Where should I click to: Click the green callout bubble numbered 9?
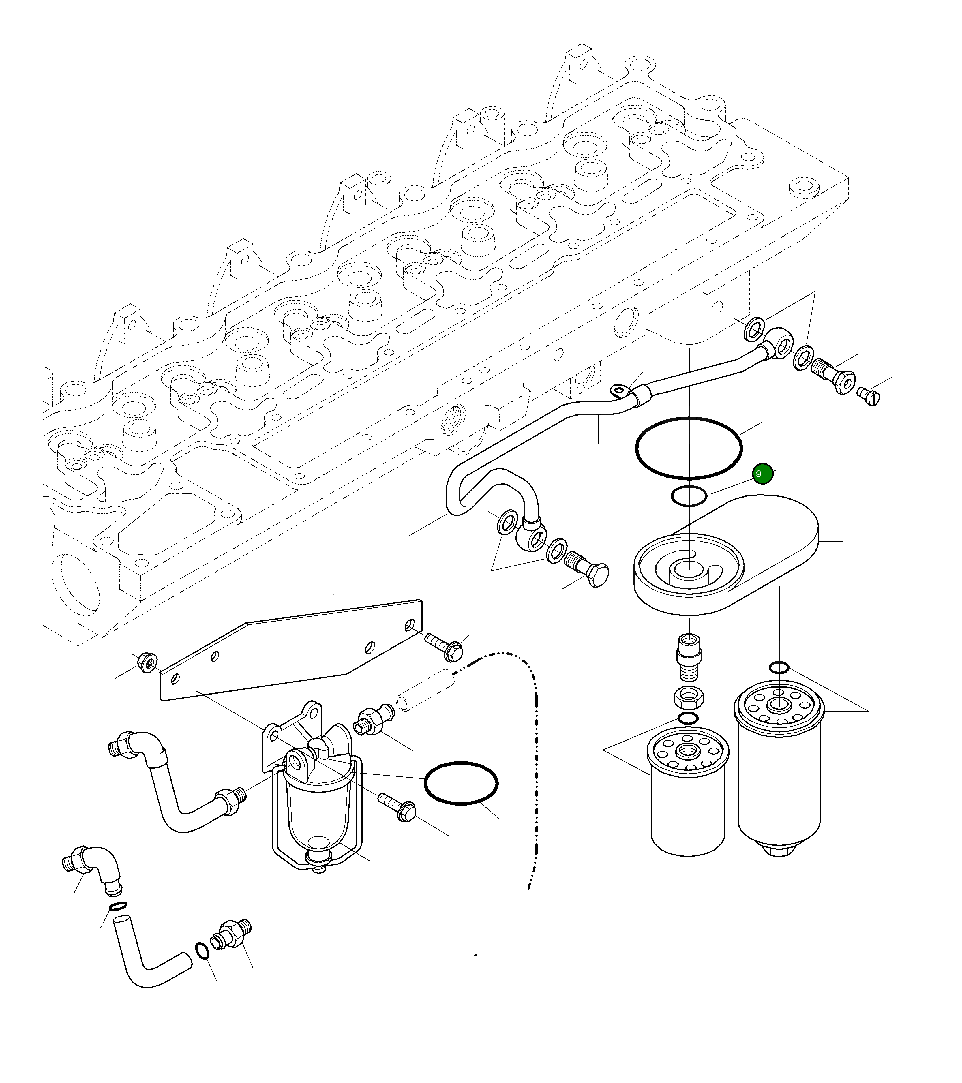762,474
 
